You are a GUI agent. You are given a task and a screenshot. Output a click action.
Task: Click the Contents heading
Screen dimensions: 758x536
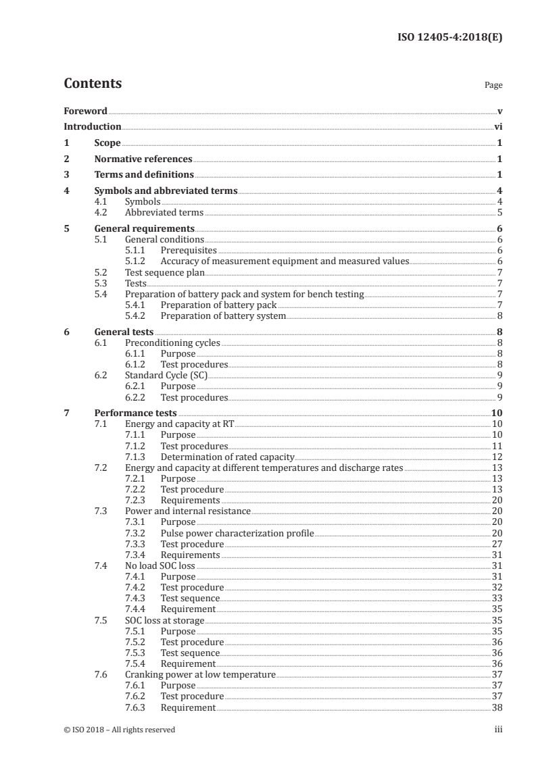click(93, 84)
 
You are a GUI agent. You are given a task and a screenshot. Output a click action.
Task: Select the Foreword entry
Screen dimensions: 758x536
click(85, 111)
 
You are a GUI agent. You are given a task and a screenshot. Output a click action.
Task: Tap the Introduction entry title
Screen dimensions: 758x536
click(93, 126)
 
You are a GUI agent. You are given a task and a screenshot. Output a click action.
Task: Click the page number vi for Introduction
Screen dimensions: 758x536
click(498, 126)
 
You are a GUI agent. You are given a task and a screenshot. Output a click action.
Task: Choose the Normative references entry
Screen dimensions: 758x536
click(143, 159)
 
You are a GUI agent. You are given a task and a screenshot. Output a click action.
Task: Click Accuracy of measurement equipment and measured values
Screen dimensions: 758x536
click(285, 261)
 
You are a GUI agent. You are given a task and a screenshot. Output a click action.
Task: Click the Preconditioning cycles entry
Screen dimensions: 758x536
click(172, 343)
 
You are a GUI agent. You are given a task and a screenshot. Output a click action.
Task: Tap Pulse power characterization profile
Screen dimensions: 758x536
click(237, 533)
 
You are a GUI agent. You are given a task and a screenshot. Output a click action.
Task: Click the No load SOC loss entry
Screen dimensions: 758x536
click(160, 565)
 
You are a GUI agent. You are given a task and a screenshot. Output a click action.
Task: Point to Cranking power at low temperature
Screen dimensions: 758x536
click(200, 674)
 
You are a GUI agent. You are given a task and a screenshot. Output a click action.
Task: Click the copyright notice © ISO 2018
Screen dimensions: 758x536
click(119, 730)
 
